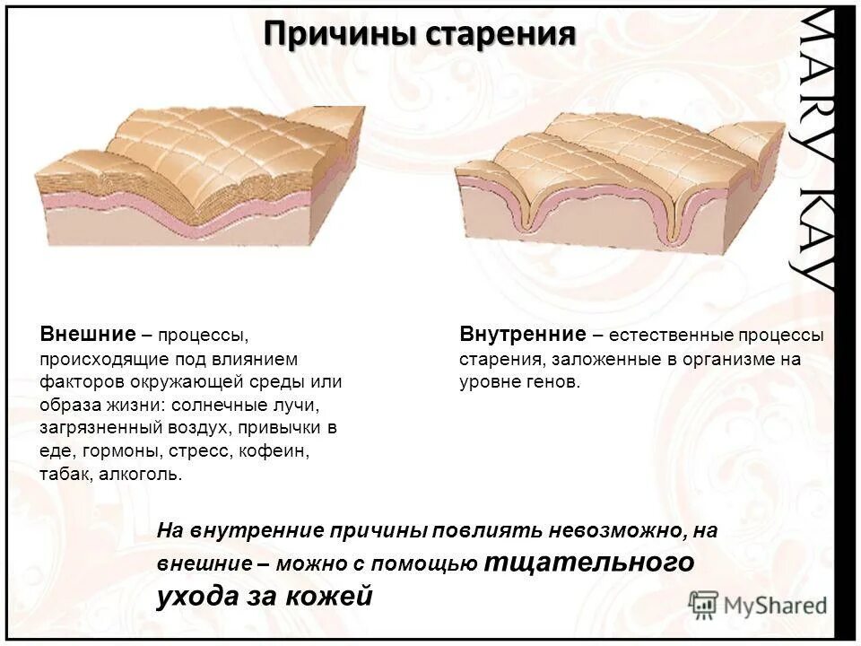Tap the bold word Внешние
86,335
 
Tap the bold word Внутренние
522,335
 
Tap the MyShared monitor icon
704,604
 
